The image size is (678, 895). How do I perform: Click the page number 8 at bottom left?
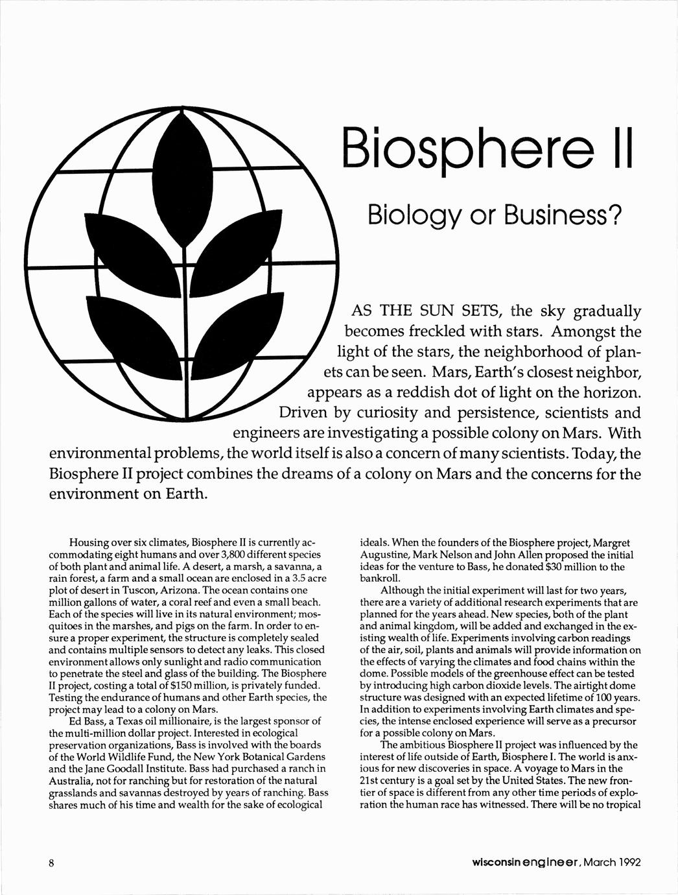(51, 863)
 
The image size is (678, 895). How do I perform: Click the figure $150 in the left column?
(191, 686)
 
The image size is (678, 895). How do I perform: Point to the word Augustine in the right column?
(382, 555)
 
